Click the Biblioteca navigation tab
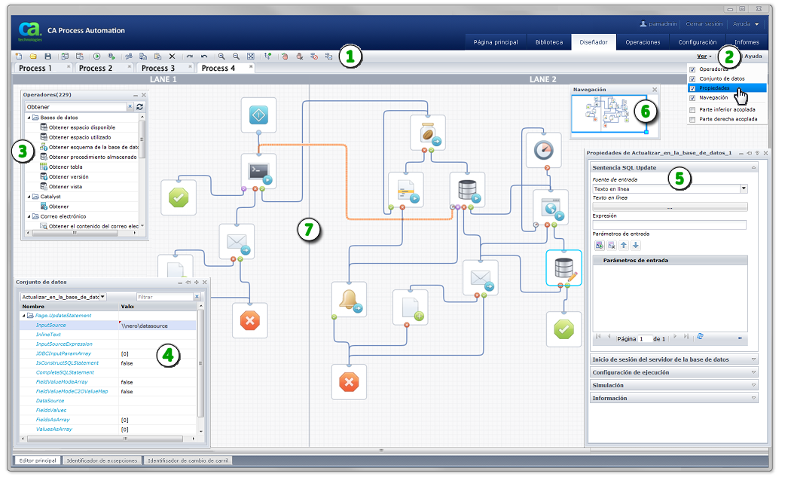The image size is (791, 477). click(548, 42)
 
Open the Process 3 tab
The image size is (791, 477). click(159, 68)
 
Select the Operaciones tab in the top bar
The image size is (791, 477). click(643, 42)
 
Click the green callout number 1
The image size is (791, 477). click(350, 57)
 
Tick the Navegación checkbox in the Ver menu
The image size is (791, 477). click(692, 98)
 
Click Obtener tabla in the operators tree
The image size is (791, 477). click(66, 167)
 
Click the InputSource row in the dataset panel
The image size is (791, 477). click(50, 326)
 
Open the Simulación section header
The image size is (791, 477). click(673, 385)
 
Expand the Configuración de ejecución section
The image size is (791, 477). click(673, 372)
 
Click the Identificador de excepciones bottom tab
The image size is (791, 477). click(102, 460)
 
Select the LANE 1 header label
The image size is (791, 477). click(163, 79)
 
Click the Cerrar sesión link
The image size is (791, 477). click(704, 24)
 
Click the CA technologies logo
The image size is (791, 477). click(30, 31)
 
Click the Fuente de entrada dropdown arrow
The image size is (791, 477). click(744, 188)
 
